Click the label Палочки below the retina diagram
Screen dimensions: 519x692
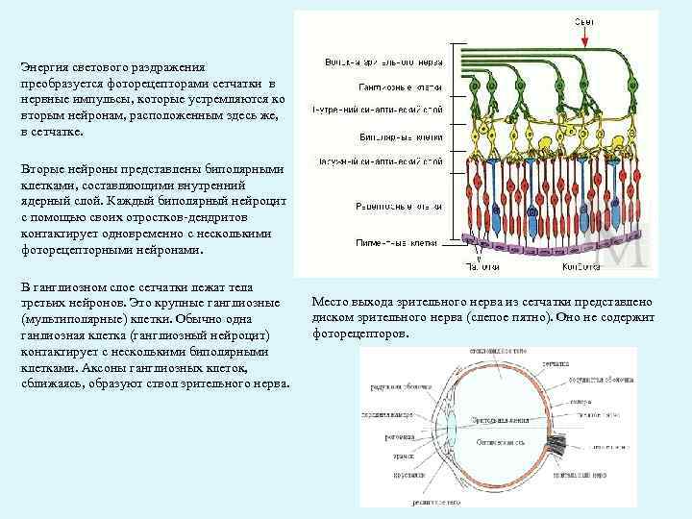click(482, 266)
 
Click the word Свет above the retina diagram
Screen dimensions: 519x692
click(584, 20)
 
